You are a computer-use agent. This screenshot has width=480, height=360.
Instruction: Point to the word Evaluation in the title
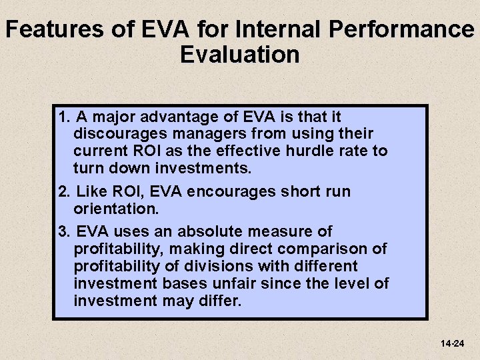(239, 54)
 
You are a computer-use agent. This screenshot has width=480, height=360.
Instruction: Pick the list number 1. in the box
(65, 117)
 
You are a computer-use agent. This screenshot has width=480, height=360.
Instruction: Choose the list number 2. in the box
(65, 192)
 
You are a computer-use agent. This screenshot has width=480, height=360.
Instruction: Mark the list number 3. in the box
(65, 231)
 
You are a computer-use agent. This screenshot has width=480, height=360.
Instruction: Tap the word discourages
(116, 134)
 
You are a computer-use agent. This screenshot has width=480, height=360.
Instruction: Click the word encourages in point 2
(220, 192)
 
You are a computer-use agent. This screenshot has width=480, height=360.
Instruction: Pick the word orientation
(115, 209)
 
